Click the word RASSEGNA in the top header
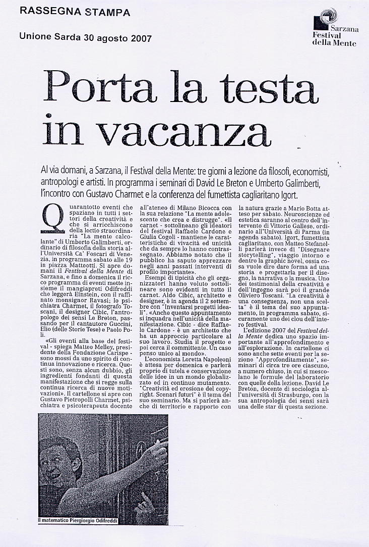coord(45,12)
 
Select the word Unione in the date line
coord(36,37)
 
